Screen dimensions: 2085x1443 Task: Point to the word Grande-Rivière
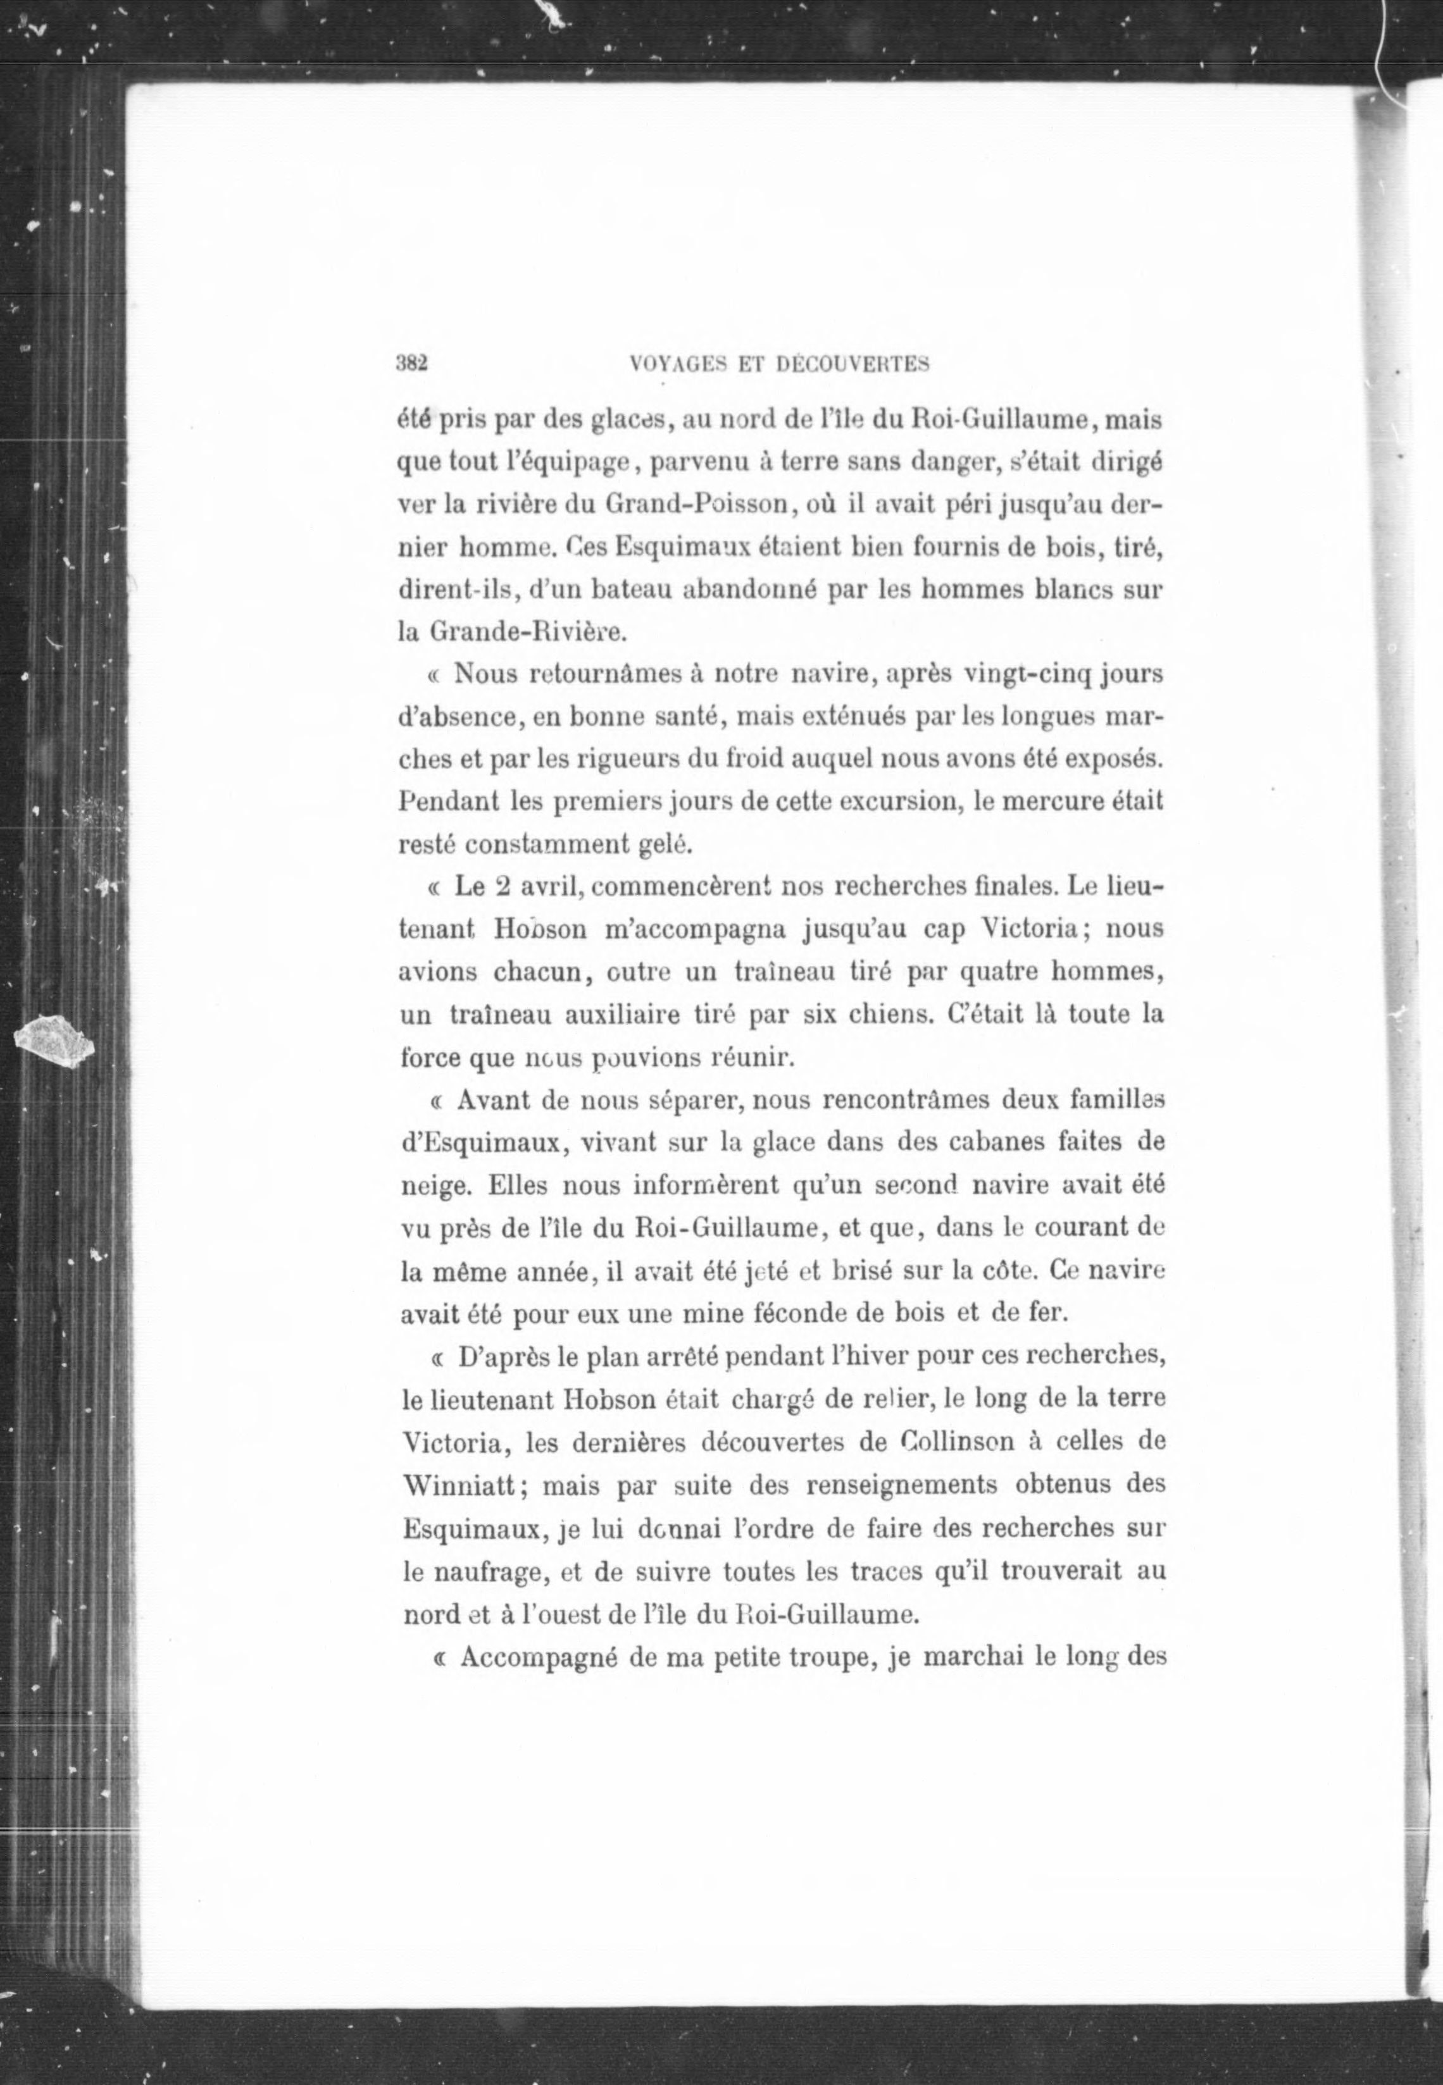pos(526,633)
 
